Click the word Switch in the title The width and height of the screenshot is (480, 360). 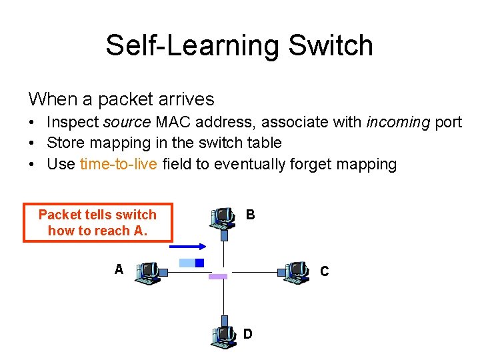pos(331,45)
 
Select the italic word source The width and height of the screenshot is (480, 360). pos(128,122)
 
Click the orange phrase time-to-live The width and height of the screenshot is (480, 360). pos(119,164)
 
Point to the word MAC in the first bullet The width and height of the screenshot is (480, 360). pos(171,122)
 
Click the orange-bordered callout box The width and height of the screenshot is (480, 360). pos(98,223)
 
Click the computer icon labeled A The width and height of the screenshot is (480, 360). pos(148,273)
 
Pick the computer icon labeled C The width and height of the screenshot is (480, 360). pos(295,272)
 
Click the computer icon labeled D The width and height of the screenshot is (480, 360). pos(223,337)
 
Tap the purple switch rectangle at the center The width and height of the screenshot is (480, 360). pos(217,276)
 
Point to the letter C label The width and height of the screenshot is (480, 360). pos(324,271)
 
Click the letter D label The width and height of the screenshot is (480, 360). pos(247,333)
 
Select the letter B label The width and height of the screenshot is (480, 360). pos(250,215)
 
